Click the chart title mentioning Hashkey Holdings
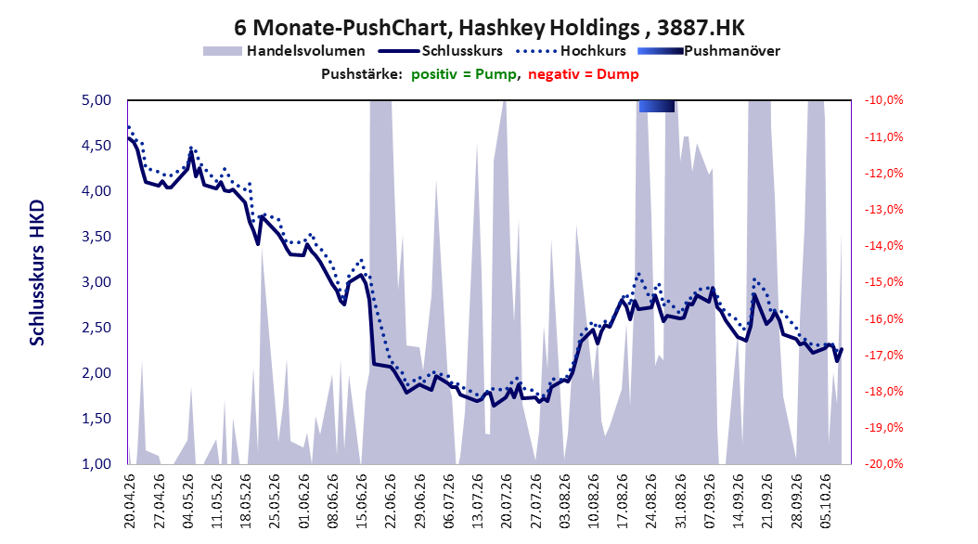(x=489, y=28)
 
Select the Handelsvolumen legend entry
(x=284, y=51)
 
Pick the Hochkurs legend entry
(x=571, y=51)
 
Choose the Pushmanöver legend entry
(x=709, y=51)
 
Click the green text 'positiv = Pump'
(x=464, y=74)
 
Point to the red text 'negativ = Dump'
(x=584, y=74)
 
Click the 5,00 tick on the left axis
(x=97, y=100)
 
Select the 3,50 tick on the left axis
(x=97, y=237)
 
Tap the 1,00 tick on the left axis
(x=97, y=463)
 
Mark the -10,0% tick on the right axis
(x=883, y=100)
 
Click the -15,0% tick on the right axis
(x=883, y=282)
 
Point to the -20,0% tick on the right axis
(x=883, y=463)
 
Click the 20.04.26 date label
(x=130, y=501)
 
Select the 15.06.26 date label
(x=362, y=501)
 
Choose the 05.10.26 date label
(x=825, y=501)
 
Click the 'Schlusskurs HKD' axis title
(x=37, y=273)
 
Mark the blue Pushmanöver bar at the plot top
(x=656, y=106)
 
